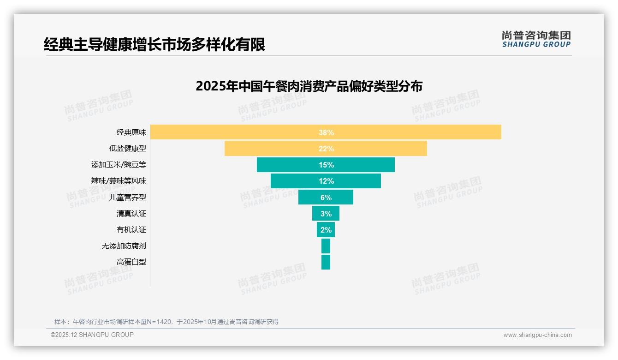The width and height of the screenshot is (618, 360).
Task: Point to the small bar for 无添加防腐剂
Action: pyautogui.click(x=326, y=246)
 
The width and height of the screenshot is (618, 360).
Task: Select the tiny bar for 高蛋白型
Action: pyautogui.click(x=326, y=262)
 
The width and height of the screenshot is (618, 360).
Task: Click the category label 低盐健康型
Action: pyautogui.click(x=128, y=149)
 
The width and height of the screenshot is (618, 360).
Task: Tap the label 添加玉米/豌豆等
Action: pyautogui.click(x=119, y=165)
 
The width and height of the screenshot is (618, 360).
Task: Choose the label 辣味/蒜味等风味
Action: pyautogui.click(x=119, y=181)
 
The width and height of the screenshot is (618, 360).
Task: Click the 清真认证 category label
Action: pyautogui.click(x=131, y=213)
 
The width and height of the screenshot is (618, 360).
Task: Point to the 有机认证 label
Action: pyautogui.click(x=131, y=229)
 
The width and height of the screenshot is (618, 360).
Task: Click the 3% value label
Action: pyautogui.click(x=326, y=213)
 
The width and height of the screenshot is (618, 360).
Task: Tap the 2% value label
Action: pyautogui.click(x=326, y=229)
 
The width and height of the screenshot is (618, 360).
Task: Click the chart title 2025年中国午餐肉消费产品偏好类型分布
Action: pyautogui.click(x=309, y=86)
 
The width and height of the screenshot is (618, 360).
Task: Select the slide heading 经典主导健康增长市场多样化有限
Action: pyautogui.click(x=154, y=45)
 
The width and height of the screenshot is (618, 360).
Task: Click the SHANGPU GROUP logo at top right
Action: pyautogui.click(x=536, y=39)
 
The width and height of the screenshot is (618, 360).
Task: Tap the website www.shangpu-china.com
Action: pyautogui.click(x=537, y=335)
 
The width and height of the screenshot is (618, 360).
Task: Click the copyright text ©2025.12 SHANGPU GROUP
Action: pyautogui.click(x=92, y=335)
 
